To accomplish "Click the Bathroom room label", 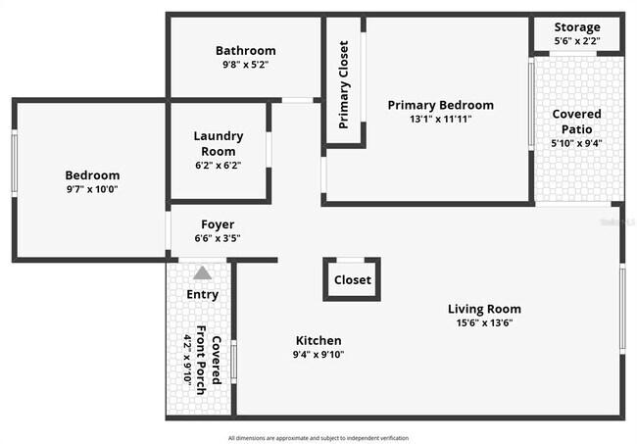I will click(246, 51).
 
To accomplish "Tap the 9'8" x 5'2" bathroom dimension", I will click(246, 65).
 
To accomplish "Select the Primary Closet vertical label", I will click(344, 84).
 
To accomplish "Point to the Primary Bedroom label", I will click(440, 105).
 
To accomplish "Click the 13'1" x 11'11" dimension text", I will click(440, 120).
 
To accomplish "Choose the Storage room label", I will click(577, 26).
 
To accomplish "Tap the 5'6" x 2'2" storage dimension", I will click(577, 41).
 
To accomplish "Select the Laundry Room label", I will click(219, 143).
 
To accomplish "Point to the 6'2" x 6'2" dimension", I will click(219, 166).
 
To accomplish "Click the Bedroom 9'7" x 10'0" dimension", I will click(92, 189).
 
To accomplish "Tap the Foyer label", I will click(218, 224).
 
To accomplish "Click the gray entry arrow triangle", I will click(202, 273).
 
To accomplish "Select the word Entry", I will click(202, 294).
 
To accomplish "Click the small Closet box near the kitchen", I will click(352, 279).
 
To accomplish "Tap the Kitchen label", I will click(318, 340).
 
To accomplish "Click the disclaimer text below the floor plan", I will click(318, 438).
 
